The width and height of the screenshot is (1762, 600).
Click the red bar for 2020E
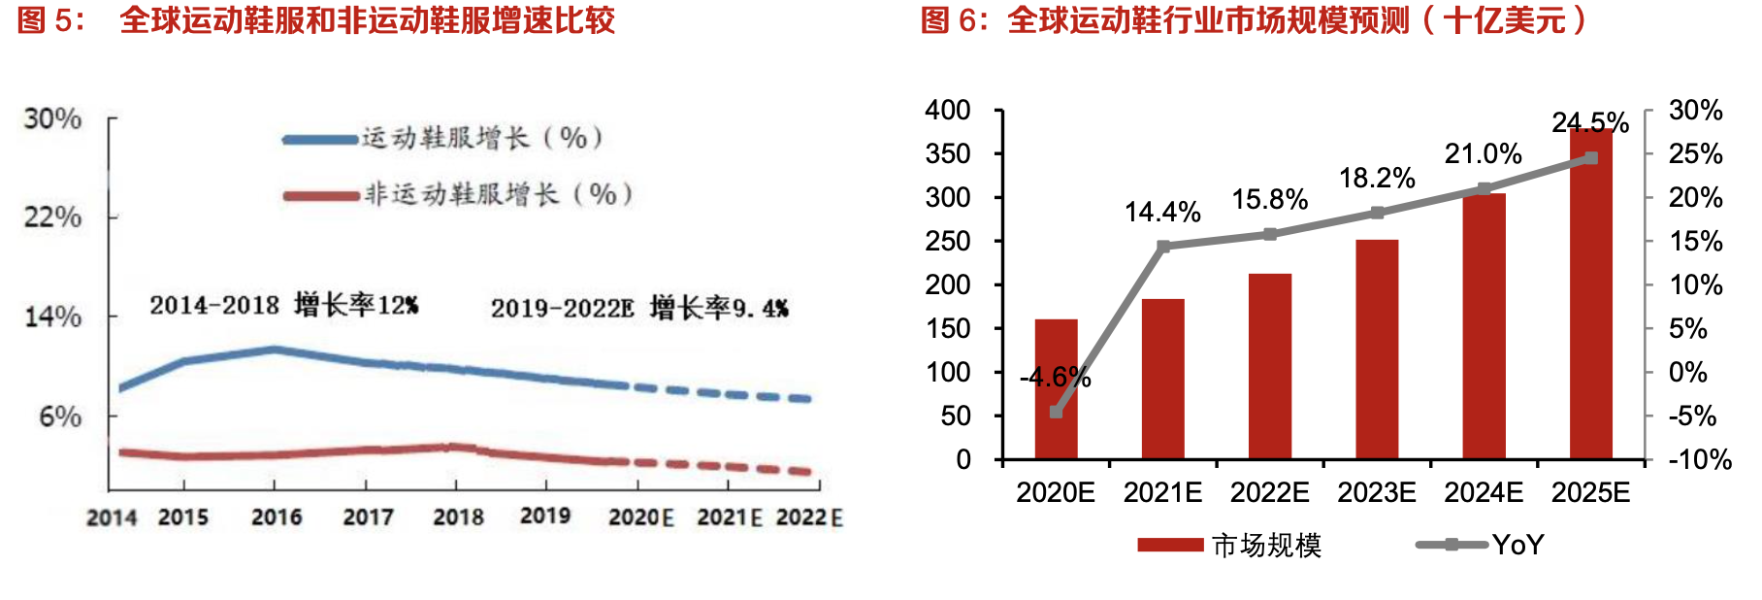point(1056,388)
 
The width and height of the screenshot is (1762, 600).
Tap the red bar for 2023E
point(1377,349)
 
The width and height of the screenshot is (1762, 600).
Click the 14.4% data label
point(1162,212)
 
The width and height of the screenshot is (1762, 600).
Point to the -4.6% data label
point(1056,377)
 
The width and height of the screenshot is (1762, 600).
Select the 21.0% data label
point(1483,153)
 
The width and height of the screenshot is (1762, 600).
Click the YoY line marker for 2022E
point(1270,234)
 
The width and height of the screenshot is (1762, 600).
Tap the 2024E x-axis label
point(1484,493)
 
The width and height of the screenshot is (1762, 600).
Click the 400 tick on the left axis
point(947,110)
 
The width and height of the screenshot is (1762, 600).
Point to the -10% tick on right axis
point(1699,459)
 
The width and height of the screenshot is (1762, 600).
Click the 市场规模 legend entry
point(1230,545)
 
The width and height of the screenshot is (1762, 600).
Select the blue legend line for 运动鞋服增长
point(321,140)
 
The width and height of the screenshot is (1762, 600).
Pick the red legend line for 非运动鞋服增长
point(321,196)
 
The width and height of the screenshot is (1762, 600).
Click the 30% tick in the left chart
point(52,118)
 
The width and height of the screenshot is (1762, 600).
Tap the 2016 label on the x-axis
point(277,517)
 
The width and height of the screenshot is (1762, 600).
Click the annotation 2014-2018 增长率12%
point(283,306)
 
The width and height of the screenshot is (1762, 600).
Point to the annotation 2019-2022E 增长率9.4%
point(639,309)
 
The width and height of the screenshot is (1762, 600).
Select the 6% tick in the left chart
point(60,417)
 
